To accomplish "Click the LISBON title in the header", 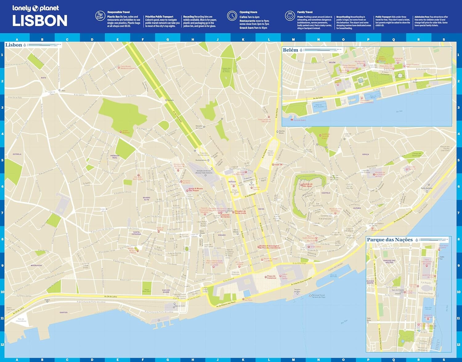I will click(x=40, y=21).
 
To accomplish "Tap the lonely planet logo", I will click(x=35, y=8).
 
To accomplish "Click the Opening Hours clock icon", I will click(x=232, y=16).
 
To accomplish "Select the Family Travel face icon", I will click(x=290, y=16).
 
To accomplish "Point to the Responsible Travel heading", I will click(x=119, y=12).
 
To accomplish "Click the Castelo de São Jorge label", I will click(x=307, y=185).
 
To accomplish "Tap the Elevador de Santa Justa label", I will click(x=241, y=212).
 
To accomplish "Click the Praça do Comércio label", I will click(x=271, y=277).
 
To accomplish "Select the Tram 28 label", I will click(x=278, y=165).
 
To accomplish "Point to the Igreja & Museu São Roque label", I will click(x=196, y=190).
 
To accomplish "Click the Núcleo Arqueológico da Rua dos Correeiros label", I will click(x=270, y=247).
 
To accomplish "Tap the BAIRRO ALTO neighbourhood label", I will click(x=147, y=199).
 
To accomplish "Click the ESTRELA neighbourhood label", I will click(x=17, y=154).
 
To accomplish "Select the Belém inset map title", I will click(x=290, y=50).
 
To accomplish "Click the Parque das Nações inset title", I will click(x=390, y=240).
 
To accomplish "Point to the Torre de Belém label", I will click(x=300, y=120).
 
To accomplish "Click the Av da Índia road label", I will click(x=318, y=98).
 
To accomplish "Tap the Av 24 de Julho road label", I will click(x=110, y=296).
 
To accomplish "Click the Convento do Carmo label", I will click(x=225, y=216).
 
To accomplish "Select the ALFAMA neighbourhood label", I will click(x=357, y=208).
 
